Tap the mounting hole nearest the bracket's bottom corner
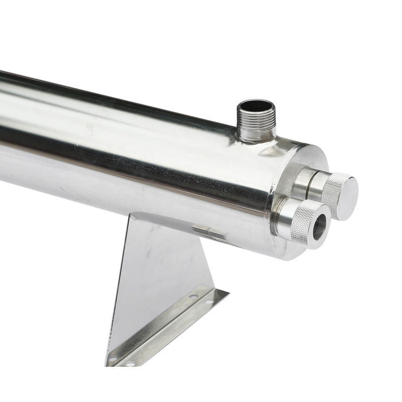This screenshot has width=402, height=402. [x=115, y=359]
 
